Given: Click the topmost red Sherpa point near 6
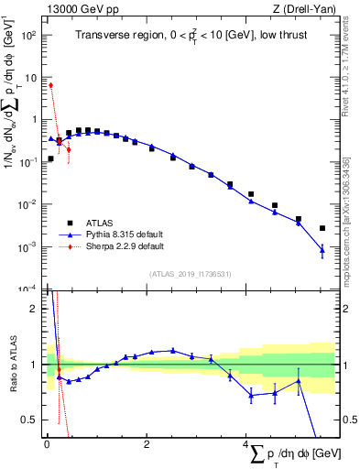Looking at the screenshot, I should point(50,85).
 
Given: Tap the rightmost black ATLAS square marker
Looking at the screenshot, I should point(322,228).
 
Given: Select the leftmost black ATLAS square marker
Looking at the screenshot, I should point(50,158).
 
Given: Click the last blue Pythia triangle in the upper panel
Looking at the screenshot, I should point(322,249).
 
